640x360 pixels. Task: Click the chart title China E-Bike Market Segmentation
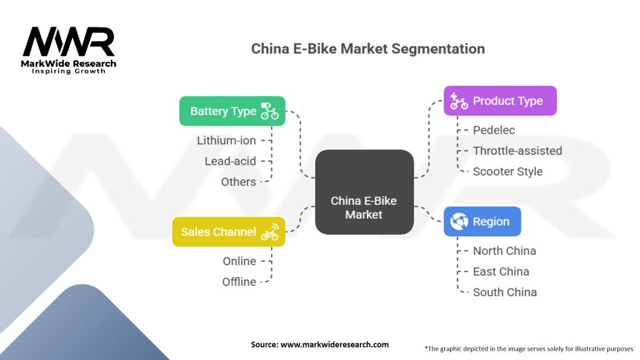(367, 49)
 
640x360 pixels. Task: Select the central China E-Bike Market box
(364, 192)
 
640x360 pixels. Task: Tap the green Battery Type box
(232, 111)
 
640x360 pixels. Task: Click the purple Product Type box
(499, 101)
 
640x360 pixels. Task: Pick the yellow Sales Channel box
(228, 232)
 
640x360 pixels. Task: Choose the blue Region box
(481, 221)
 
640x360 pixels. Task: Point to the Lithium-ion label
(226, 141)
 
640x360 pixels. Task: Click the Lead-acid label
(230, 161)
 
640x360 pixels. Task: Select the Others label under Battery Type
(238, 182)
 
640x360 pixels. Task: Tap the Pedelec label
(494, 130)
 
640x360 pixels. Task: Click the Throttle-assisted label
(517, 151)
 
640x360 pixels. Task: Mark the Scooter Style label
(507, 171)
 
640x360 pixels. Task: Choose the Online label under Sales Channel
(239, 261)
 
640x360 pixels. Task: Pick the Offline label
(239, 282)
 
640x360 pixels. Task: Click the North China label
(504, 251)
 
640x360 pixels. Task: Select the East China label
(501, 271)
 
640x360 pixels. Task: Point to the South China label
(504, 292)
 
